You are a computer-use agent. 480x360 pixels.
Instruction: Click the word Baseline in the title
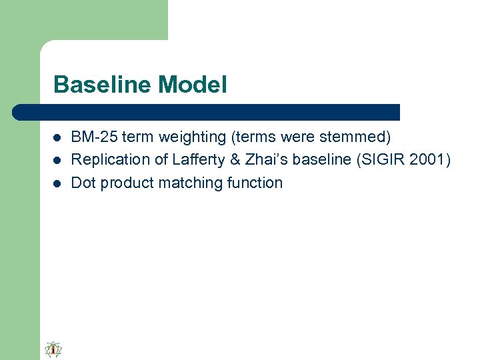(x=103, y=85)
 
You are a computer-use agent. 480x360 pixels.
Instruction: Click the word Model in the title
(x=193, y=85)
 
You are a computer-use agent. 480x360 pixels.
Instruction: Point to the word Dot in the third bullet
(x=83, y=183)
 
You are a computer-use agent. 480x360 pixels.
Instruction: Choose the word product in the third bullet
(x=124, y=183)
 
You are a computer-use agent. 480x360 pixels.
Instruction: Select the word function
(x=255, y=183)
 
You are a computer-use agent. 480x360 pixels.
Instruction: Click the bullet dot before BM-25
(x=57, y=138)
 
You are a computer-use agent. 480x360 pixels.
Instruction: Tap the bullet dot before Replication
(x=57, y=161)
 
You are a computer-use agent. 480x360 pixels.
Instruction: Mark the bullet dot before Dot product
(x=57, y=183)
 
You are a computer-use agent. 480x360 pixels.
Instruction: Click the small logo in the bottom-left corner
(x=53, y=349)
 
